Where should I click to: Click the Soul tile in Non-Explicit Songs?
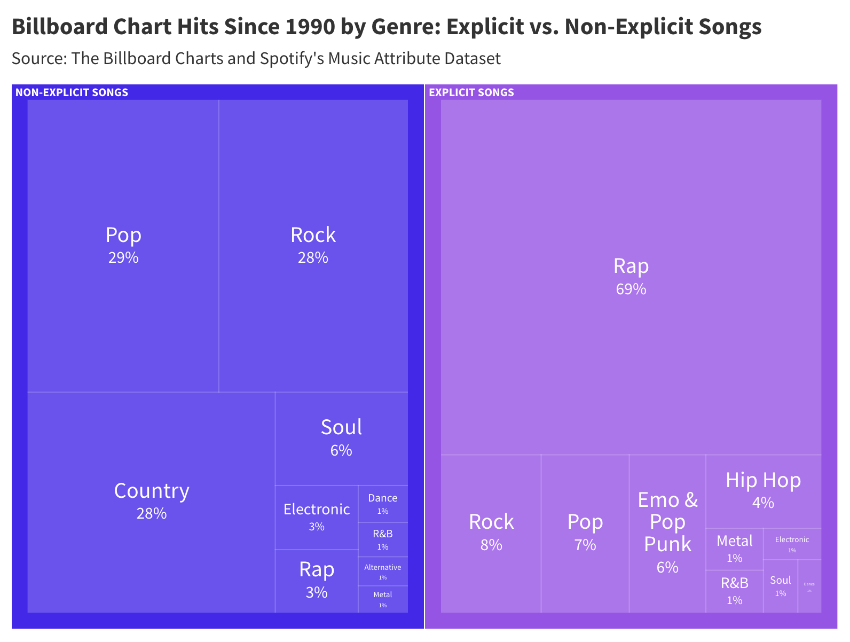pos(341,438)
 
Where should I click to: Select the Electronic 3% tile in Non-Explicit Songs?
pos(316,517)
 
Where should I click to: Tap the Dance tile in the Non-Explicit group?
pos(383,503)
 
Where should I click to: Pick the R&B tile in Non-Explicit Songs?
pos(383,539)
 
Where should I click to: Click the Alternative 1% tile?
pos(383,571)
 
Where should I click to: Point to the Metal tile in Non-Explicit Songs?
pos(383,599)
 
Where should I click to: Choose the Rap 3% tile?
pos(316,580)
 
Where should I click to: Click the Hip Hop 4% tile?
pos(763,490)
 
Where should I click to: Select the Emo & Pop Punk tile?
pos(667,533)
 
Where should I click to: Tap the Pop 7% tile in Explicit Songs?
pos(585,533)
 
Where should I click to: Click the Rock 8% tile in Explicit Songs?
pos(491,533)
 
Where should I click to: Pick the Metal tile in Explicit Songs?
pos(734,549)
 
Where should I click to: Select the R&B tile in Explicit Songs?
pos(734,591)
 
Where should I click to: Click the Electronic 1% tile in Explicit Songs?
pos(792,543)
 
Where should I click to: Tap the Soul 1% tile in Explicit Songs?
pos(780,585)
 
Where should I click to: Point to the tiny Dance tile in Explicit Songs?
pos(809,586)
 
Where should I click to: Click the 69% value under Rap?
pos(631,289)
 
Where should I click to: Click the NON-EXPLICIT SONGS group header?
pos(72,92)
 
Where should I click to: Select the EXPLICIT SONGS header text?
pos(471,92)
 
